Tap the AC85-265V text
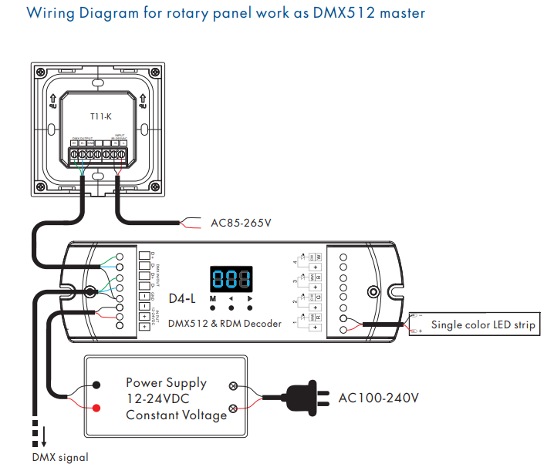[241, 224]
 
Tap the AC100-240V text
[379, 398]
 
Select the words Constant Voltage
[177, 415]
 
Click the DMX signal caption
[60, 457]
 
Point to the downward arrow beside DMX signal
[44, 437]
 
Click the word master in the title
[398, 13]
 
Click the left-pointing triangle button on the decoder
[231, 298]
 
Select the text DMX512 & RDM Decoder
[225, 324]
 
